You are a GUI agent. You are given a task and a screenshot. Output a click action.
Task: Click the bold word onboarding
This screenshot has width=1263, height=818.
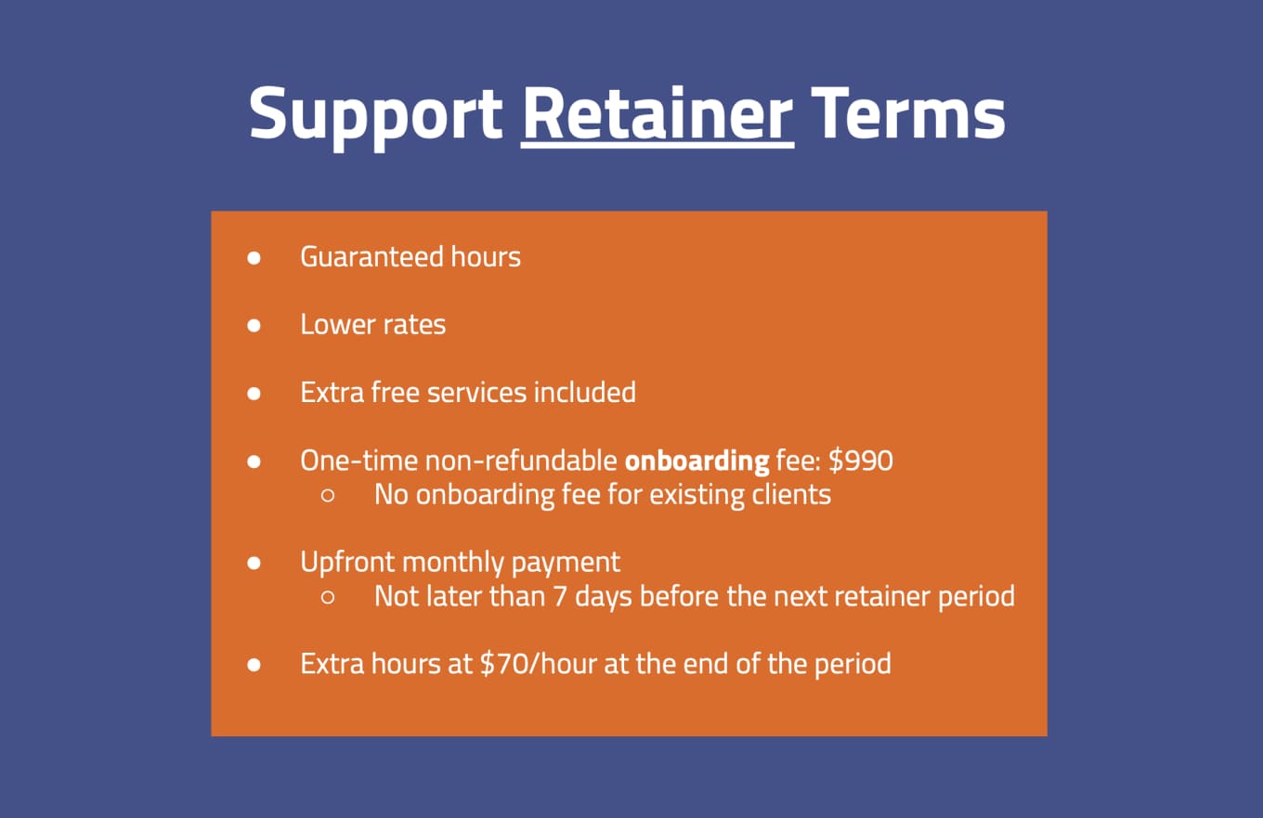pos(697,461)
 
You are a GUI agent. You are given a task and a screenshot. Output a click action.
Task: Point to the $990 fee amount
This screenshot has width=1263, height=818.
pos(861,461)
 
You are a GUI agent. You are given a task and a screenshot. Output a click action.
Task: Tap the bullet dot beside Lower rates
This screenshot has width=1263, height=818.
pos(254,325)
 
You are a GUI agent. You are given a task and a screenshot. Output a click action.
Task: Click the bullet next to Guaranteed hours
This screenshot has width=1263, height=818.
pos(254,257)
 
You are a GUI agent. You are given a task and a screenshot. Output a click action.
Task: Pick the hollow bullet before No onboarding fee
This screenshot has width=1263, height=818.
pos(328,496)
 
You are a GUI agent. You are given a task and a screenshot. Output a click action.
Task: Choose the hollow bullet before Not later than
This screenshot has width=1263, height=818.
pos(328,597)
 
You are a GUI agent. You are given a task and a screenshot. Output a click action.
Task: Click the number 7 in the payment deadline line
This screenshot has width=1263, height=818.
pos(559,596)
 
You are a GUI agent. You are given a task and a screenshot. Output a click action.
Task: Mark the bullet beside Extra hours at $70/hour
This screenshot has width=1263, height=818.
pos(254,665)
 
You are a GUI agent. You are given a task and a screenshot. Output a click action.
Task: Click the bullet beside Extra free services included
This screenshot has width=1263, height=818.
pos(254,394)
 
